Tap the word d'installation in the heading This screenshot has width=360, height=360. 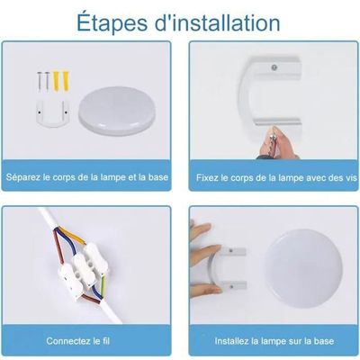point(218,22)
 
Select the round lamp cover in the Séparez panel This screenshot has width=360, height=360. point(117,111)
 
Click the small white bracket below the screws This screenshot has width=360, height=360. point(51,113)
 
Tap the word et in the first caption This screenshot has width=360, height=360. point(132,177)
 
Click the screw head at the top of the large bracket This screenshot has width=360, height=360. point(274,67)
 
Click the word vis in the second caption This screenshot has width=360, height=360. point(351,177)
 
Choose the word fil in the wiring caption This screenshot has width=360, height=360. point(105,341)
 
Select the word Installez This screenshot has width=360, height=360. point(231,341)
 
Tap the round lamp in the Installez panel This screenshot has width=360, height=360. point(303,270)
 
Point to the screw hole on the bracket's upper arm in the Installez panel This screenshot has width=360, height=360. point(230,249)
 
